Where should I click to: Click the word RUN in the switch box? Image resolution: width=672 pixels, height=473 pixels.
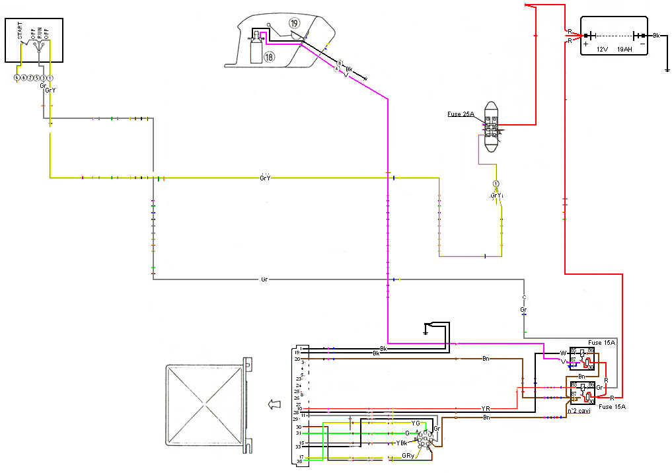click(x=39, y=31)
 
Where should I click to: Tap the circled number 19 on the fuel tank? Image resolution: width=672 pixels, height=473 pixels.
click(x=294, y=23)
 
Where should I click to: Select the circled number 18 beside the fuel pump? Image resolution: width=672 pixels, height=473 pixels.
click(x=269, y=57)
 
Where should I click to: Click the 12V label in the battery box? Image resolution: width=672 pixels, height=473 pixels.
click(x=602, y=49)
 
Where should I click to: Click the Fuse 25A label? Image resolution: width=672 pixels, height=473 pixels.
click(x=461, y=114)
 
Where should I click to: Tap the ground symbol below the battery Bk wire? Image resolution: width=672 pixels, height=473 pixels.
click(x=667, y=67)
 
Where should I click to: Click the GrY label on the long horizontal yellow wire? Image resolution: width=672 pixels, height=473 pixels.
click(x=266, y=178)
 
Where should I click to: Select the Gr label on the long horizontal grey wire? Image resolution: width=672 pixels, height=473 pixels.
click(x=264, y=279)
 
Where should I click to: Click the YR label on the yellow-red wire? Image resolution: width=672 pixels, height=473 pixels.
click(x=486, y=409)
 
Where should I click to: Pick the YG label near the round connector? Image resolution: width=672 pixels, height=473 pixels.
click(x=415, y=423)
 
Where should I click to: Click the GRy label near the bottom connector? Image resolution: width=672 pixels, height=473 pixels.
click(x=408, y=456)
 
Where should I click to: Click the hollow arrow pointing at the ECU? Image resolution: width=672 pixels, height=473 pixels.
click(x=270, y=404)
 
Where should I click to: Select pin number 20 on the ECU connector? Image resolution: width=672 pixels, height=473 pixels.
click(x=297, y=359)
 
